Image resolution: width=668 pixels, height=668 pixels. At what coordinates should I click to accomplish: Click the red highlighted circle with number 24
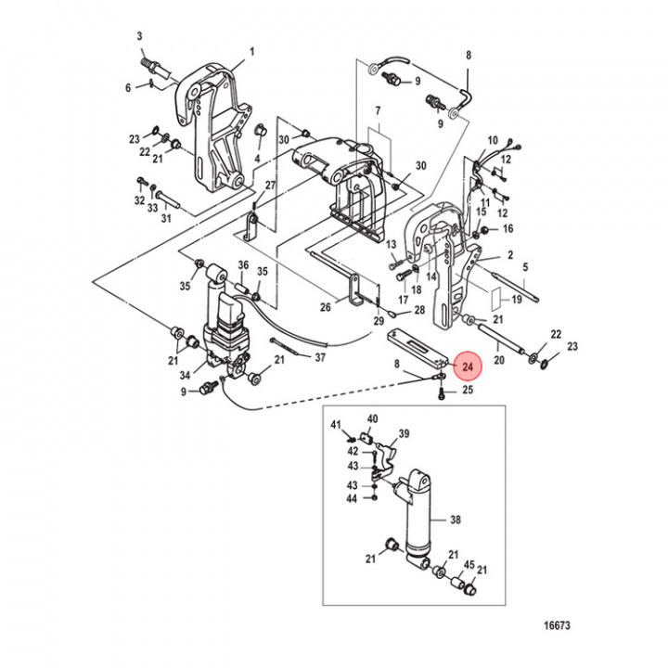coord(468,368)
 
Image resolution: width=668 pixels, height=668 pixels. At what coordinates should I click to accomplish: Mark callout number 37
coord(320,357)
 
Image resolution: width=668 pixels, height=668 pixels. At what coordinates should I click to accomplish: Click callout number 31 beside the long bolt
coord(166,219)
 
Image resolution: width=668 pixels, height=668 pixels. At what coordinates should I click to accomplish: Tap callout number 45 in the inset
coord(469,564)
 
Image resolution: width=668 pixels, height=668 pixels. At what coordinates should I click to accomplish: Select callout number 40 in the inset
coord(372,418)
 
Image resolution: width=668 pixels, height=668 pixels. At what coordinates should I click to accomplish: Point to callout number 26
coord(325,308)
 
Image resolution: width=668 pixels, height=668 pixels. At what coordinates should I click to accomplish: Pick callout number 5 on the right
coord(524,267)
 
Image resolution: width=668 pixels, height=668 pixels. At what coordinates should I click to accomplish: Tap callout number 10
coord(492,139)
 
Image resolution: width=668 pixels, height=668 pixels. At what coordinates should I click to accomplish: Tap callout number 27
coord(270,186)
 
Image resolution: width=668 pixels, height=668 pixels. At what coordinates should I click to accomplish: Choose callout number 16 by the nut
coord(507,228)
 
